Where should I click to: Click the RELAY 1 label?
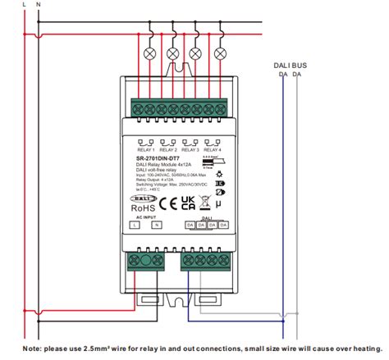(x=145, y=150)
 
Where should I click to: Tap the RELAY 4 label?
(x=213, y=150)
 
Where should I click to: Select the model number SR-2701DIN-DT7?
(x=162, y=159)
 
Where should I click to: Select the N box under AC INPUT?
(x=156, y=224)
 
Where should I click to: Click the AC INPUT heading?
(x=144, y=216)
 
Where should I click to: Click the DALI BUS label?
(x=290, y=63)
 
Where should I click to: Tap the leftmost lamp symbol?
(x=149, y=54)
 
